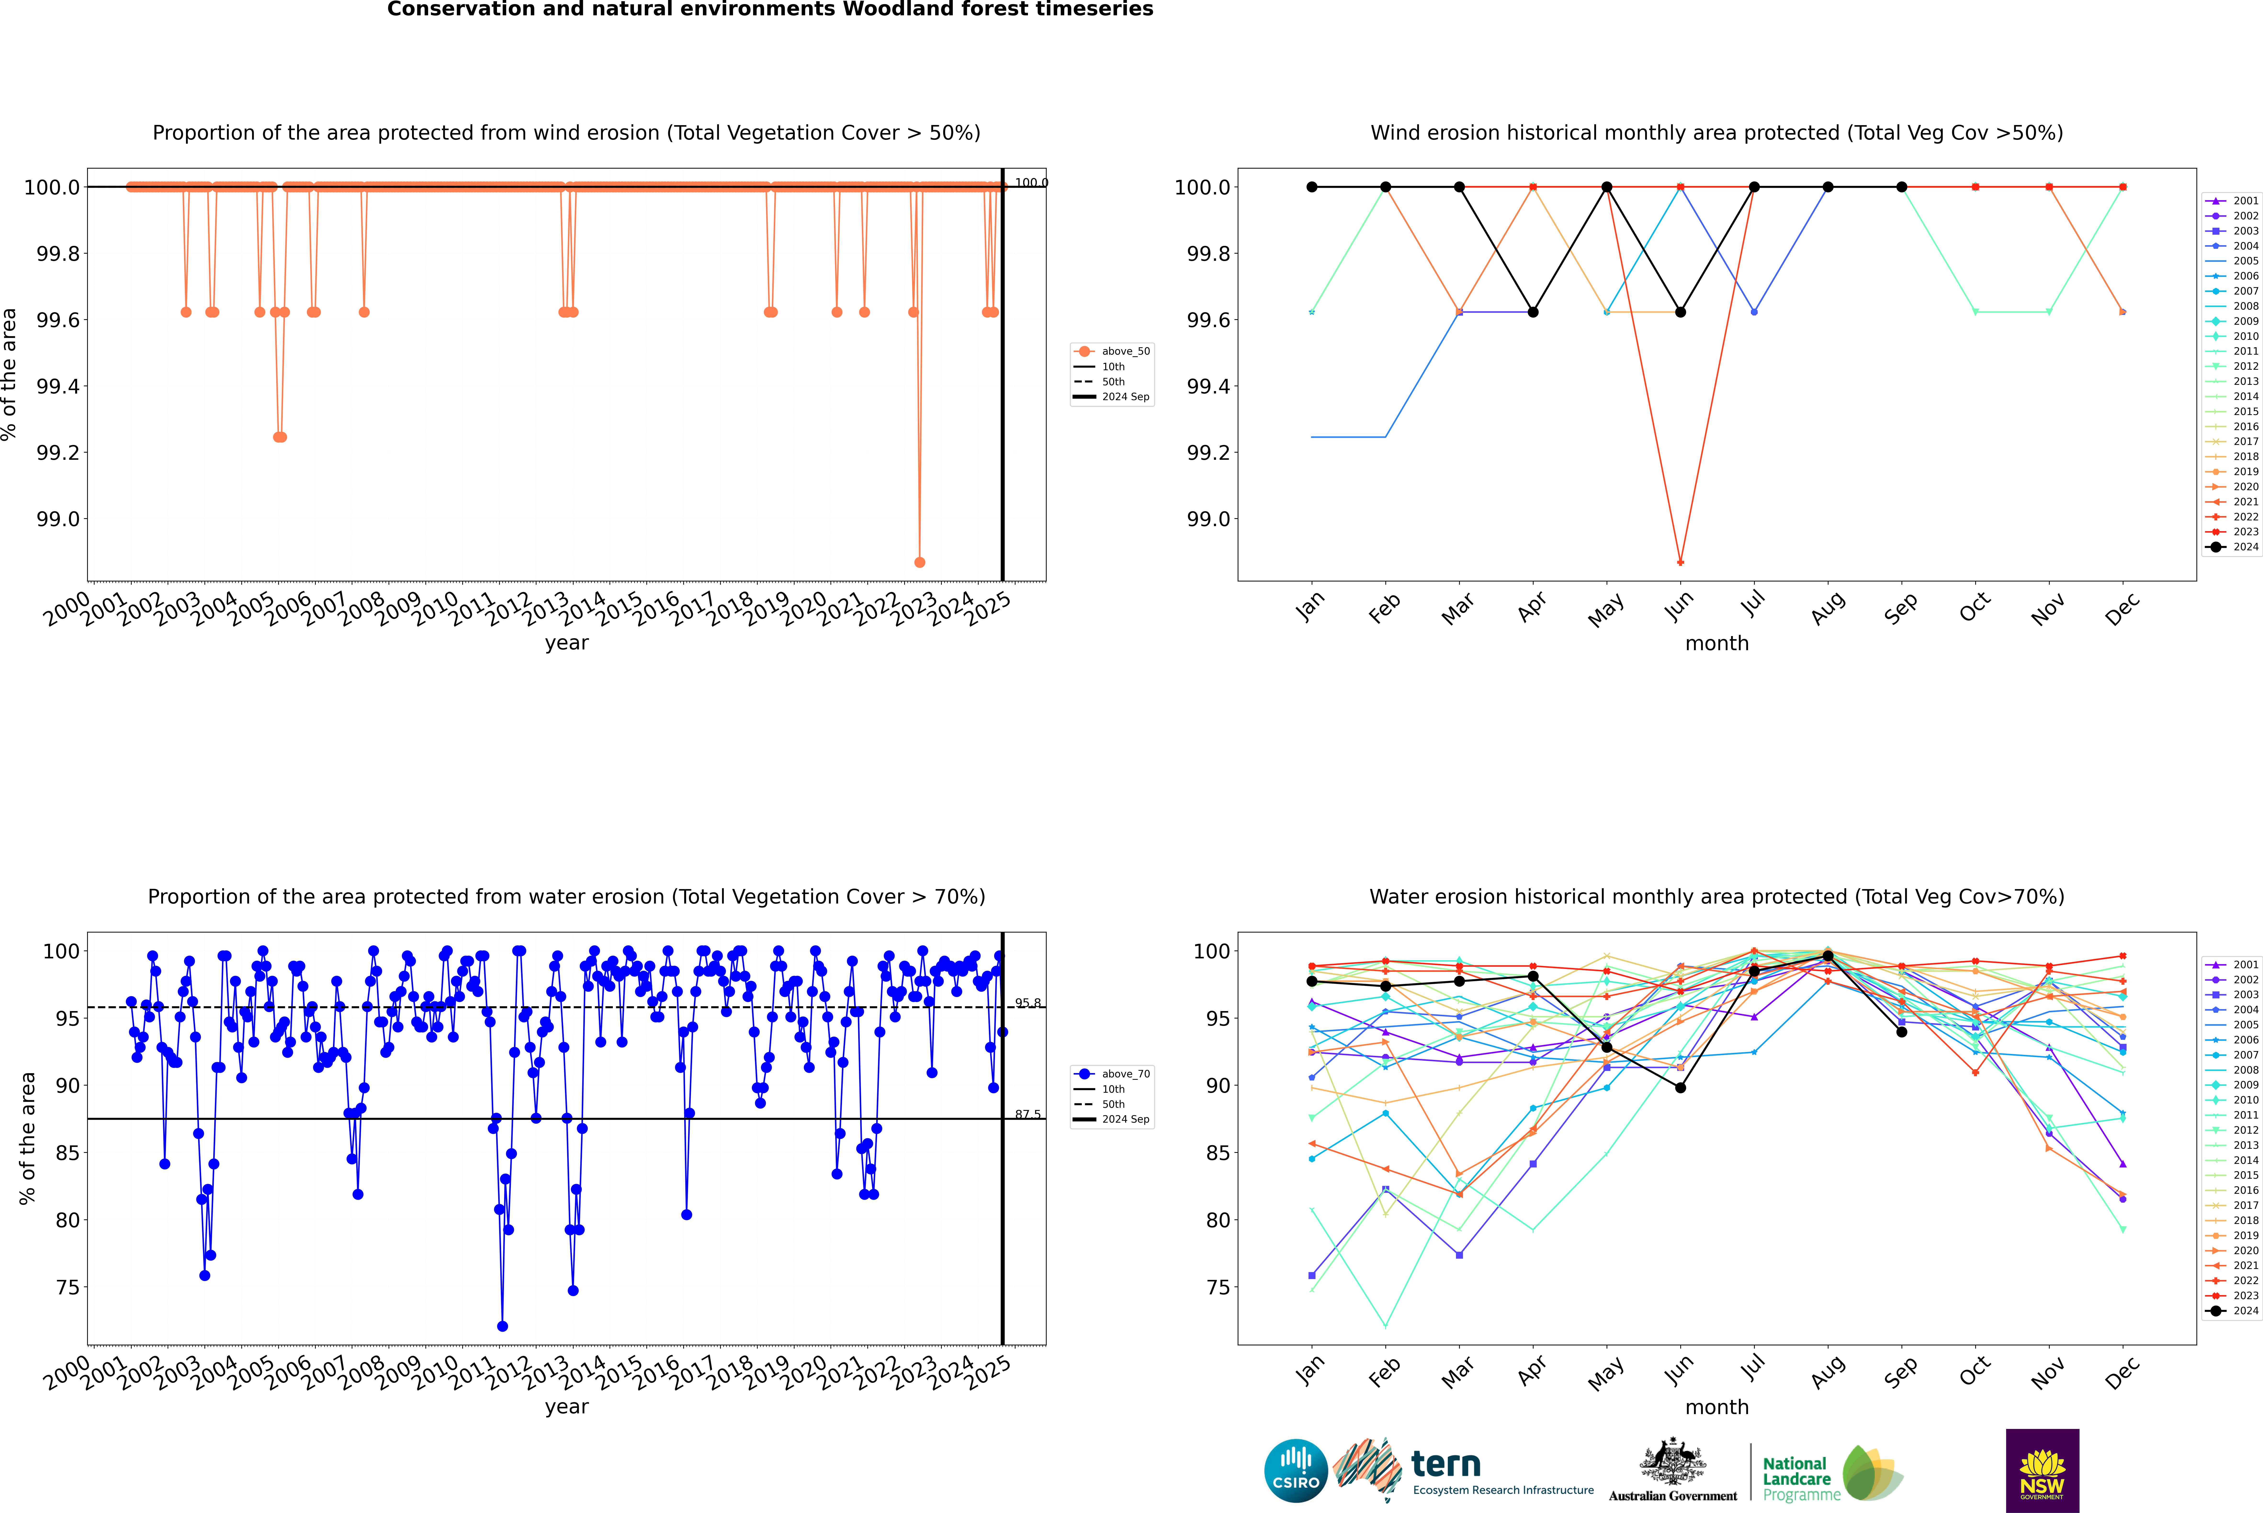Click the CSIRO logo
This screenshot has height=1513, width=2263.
tap(1296, 1471)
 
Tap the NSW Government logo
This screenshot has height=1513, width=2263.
tap(2042, 1471)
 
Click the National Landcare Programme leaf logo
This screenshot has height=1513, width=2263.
tap(1871, 1473)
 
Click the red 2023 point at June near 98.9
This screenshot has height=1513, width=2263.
tap(1680, 563)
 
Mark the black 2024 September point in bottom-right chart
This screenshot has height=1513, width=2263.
tap(1901, 1031)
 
